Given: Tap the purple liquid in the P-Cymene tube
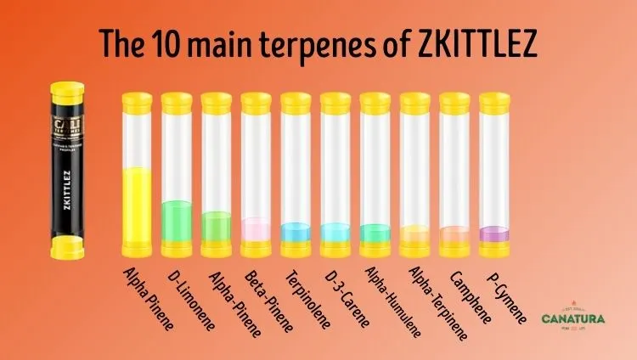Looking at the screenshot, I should (x=494, y=233).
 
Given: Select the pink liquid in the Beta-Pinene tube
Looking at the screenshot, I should (x=256, y=229).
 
